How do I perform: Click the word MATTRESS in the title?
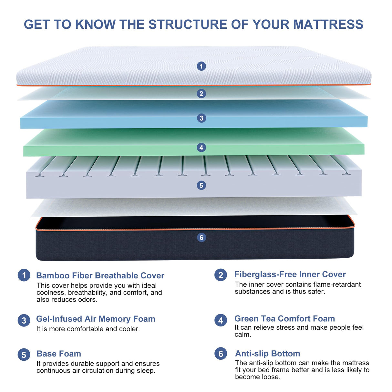[328, 25]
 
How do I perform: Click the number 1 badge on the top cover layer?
[201, 66]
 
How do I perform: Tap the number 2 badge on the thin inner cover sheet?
[201, 94]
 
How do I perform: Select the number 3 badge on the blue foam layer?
[201, 118]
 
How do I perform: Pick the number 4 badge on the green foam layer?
[201, 148]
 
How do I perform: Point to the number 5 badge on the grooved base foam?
[201, 185]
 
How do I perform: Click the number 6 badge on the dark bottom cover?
[201, 238]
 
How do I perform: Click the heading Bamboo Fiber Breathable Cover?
[100, 275]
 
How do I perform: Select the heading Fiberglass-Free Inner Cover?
[290, 274]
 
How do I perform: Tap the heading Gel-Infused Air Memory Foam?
[96, 319]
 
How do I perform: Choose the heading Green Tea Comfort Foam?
[284, 319]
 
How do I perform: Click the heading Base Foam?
[59, 354]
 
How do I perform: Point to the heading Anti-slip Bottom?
[267, 354]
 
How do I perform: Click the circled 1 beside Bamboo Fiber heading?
[24, 275]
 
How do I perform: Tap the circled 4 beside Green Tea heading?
[221, 320]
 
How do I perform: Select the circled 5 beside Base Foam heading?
[24, 355]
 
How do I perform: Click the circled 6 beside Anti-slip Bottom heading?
[221, 354]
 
